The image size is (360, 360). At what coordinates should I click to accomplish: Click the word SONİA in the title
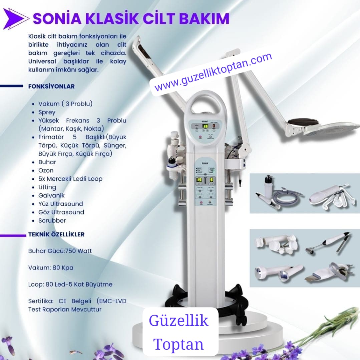tap(57, 18)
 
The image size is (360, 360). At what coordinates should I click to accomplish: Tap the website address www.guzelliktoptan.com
tap(213, 72)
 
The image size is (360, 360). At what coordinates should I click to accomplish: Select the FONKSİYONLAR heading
tap(51, 86)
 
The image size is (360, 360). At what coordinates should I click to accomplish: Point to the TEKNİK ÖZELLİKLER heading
tap(56, 234)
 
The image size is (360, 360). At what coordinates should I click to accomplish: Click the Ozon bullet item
tap(46, 170)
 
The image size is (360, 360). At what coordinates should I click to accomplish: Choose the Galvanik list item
tap(51, 195)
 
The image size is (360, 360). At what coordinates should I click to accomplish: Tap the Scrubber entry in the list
tap(52, 220)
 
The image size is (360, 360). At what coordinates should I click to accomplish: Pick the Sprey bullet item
tap(47, 112)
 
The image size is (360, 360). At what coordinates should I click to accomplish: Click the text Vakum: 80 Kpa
tap(51, 267)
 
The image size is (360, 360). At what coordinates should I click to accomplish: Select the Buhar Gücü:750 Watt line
tap(60, 251)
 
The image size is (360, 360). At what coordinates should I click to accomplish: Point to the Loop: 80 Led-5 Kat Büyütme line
tap(70, 285)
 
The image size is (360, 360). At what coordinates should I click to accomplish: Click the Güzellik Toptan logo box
tap(180, 332)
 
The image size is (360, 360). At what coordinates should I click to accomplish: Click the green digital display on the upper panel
tap(205, 126)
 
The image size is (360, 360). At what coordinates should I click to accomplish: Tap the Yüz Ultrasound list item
tap(61, 204)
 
